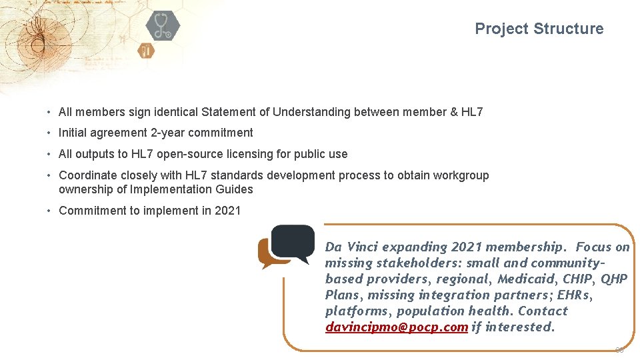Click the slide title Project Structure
point(539,29)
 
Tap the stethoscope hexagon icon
point(163,25)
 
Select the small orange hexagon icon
point(146,50)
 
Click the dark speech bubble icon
point(293,243)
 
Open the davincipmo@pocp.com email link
point(397,327)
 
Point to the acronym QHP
point(614,279)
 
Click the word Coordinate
point(87,175)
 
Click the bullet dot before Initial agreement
point(49,133)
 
